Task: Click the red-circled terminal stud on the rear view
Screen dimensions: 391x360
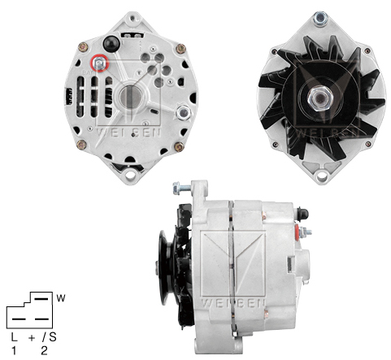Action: (x=99, y=63)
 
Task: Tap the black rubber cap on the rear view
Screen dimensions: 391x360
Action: (x=111, y=43)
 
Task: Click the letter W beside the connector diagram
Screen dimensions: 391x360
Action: (x=61, y=298)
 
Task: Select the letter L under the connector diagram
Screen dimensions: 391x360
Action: (x=14, y=337)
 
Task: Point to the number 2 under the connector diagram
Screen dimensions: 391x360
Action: (x=44, y=350)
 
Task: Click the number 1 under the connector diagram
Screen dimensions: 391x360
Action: (x=14, y=350)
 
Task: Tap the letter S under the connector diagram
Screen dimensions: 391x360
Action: (x=53, y=337)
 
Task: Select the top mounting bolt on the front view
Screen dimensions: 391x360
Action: (x=320, y=19)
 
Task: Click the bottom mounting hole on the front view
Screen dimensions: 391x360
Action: (x=322, y=176)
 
